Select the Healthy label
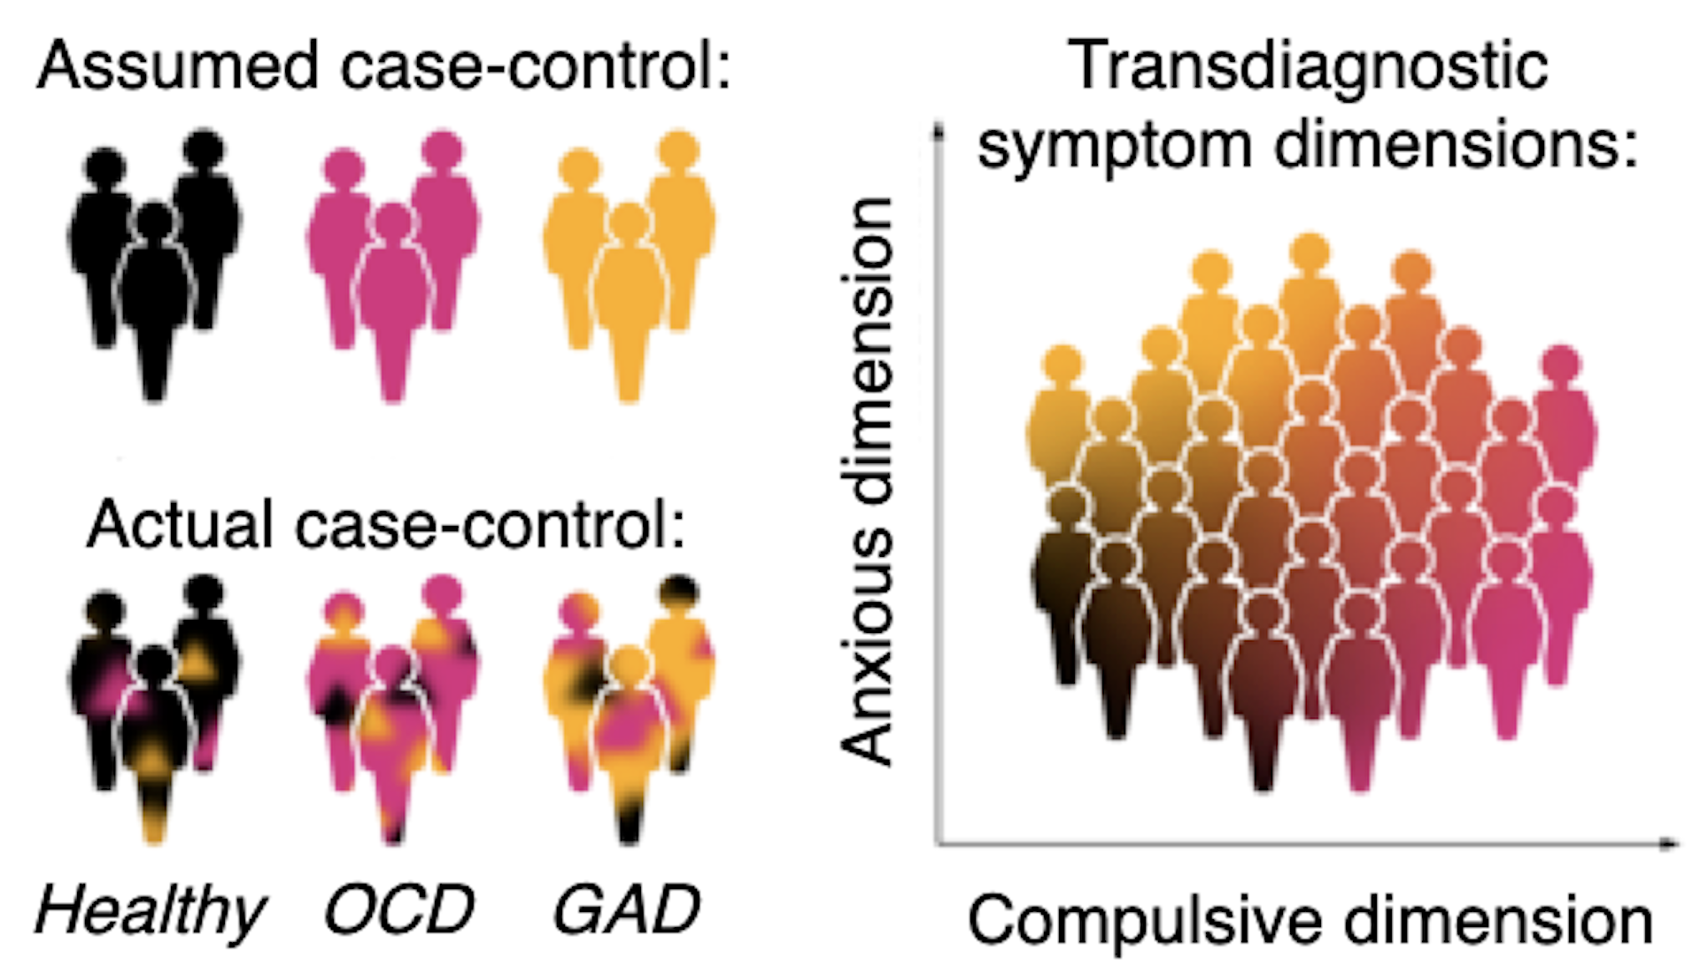coord(151,910)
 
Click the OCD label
coord(399,910)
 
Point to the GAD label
coord(627,910)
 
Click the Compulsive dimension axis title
coord(1310,921)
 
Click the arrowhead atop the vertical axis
coord(939,133)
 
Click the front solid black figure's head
coord(156,221)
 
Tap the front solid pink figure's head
coord(393,221)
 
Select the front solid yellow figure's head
coord(630,221)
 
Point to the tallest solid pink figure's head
coord(442,149)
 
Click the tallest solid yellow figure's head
coord(679,149)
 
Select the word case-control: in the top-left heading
coord(537,66)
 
